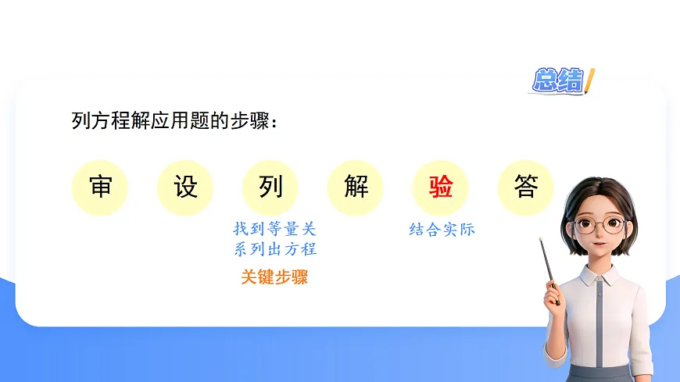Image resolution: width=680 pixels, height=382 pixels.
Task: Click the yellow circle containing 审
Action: click(x=100, y=188)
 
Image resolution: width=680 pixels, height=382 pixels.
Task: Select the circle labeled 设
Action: click(x=185, y=188)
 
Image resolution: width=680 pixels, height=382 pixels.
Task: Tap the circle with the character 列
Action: click(x=270, y=188)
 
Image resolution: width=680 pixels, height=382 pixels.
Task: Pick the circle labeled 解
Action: click(x=356, y=188)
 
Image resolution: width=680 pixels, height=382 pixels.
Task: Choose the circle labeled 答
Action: click(x=526, y=188)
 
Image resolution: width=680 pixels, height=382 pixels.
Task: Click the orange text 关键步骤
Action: click(x=274, y=277)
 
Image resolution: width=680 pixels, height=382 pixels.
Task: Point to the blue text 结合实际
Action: click(x=442, y=230)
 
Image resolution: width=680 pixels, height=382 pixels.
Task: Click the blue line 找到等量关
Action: click(x=274, y=230)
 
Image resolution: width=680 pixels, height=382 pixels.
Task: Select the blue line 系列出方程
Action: click(x=274, y=250)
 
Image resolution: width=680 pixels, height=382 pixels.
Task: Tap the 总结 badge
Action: click(x=557, y=80)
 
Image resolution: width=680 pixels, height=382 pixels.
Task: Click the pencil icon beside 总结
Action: click(x=590, y=80)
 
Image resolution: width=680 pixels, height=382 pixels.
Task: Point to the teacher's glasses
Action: click(x=599, y=226)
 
